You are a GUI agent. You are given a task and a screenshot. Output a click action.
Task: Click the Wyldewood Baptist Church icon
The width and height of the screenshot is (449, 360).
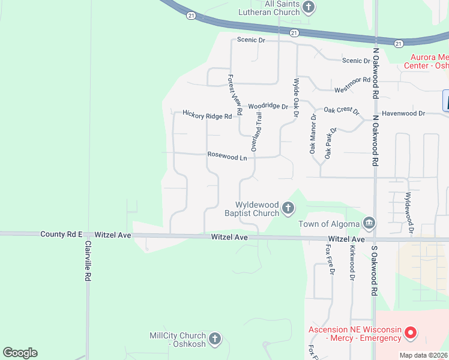click(288, 209)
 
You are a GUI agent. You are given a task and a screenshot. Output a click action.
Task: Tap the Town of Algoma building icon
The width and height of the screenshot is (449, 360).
click(369, 224)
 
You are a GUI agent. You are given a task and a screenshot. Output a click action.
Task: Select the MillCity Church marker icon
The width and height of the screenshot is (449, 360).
click(215, 340)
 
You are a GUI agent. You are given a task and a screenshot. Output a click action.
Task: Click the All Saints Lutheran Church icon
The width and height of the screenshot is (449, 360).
click(309, 8)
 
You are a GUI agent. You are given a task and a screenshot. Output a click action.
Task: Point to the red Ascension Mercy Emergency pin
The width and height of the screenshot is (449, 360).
click(411, 332)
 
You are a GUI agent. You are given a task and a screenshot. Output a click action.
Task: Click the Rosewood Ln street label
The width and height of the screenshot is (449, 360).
click(228, 155)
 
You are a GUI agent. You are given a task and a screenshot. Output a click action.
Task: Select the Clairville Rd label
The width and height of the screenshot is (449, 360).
click(88, 262)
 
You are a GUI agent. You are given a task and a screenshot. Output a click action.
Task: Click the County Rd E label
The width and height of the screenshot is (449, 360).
click(61, 235)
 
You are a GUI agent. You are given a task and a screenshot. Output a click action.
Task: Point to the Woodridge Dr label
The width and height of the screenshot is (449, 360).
click(268, 106)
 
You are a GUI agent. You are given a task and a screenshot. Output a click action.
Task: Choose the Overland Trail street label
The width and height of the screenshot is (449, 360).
click(257, 131)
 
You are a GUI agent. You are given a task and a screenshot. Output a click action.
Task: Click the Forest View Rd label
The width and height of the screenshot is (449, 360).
click(235, 94)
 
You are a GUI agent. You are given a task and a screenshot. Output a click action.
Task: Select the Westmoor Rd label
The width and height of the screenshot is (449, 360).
click(352, 85)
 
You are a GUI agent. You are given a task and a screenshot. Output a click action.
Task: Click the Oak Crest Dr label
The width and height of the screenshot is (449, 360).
click(341, 110)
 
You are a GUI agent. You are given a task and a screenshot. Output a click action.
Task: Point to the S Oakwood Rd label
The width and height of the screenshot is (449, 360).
click(373, 269)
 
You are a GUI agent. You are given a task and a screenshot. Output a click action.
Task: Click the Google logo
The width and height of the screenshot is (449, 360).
click(20, 353)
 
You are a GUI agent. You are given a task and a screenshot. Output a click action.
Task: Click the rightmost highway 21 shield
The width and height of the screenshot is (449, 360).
click(398, 43)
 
